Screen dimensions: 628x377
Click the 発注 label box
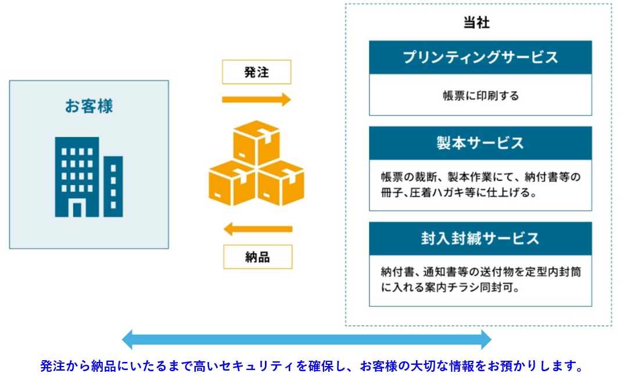pos(257,72)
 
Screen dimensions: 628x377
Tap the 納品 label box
pos(257,257)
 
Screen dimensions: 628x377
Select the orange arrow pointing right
pos(256,99)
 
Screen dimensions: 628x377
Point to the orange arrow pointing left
pos(258,229)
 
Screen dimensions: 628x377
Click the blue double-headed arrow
pos(306,340)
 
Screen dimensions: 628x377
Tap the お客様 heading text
pos(89,106)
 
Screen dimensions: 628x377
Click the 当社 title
pos(476,23)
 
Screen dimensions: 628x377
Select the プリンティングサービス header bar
pos(480,57)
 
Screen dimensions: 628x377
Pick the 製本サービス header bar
pos(480,143)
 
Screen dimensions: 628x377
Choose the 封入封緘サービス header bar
pos(480,239)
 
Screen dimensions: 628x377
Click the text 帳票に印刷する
pos(480,96)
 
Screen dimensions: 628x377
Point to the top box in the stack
pos(256,143)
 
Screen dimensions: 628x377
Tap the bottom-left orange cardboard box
pos(232,183)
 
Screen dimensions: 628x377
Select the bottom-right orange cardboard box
pos(281,183)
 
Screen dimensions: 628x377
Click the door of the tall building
pos(77,210)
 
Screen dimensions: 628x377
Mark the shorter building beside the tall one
pos(113,187)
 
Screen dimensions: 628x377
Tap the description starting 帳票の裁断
pos(480,184)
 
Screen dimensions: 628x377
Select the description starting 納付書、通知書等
pos(480,280)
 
